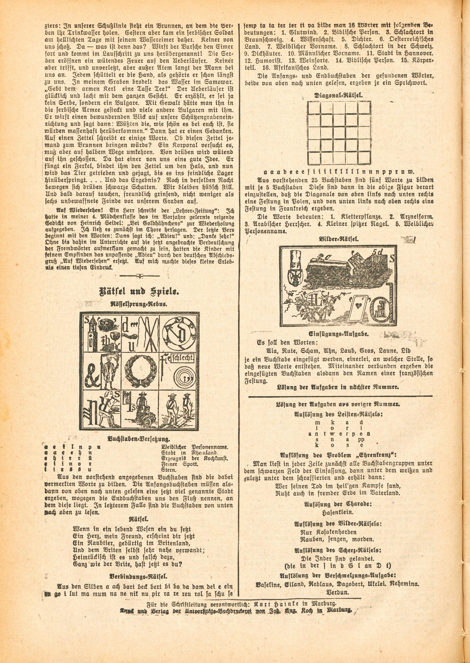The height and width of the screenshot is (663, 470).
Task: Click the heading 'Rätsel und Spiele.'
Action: coord(139,291)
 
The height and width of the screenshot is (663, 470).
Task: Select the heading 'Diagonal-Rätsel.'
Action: coord(339,95)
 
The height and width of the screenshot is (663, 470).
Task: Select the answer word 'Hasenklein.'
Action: coord(339,512)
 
